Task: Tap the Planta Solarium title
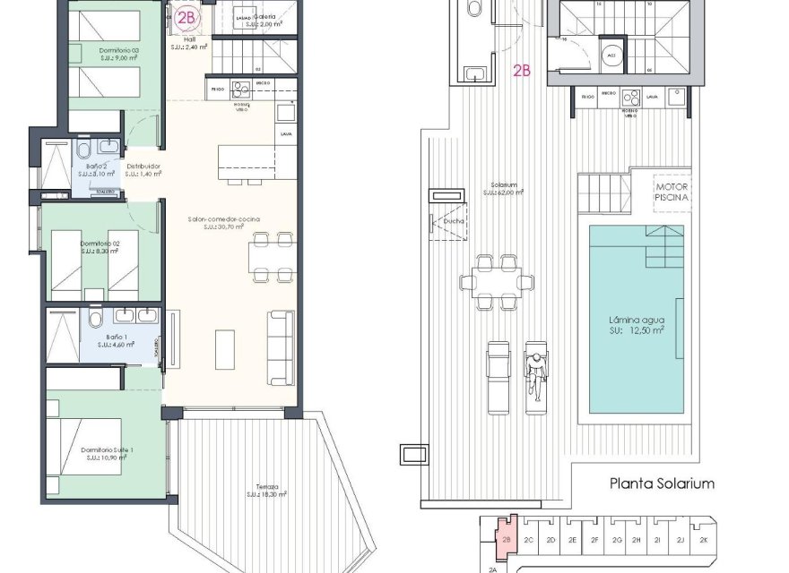click(662, 483)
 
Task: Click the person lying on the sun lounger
click(535, 374)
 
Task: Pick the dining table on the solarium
click(495, 282)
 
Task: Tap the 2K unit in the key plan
click(704, 540)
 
